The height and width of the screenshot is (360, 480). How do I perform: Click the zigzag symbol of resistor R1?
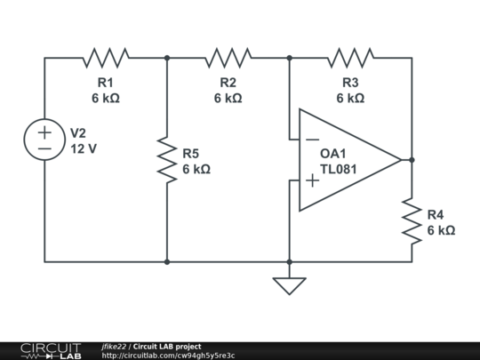coord(106,58)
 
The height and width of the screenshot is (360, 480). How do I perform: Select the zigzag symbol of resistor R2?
coord(228,58)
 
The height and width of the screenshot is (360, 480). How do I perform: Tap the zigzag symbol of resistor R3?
coord(350,58)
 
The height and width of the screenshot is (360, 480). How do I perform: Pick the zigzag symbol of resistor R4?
coord(412,221)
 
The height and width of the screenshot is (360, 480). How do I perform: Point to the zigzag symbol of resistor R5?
coord(167,160)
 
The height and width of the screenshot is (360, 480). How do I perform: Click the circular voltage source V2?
coord(44,140)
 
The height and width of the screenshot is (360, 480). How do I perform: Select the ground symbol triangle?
coord(289,286)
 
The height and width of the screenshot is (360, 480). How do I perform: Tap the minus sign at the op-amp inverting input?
coord(312,140)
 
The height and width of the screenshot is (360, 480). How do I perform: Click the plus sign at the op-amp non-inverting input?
coord(312,180)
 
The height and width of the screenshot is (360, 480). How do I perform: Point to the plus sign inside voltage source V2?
coord(44,132)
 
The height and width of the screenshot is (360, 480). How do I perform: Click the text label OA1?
coord(332,154)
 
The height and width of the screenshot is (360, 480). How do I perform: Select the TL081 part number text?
coord(339,169)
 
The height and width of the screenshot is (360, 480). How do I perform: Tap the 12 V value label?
coord(84,149)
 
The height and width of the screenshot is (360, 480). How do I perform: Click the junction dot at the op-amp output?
coord(412,160)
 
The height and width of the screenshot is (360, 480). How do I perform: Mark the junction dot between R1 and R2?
coord(167,58)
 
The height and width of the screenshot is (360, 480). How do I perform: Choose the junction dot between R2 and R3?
coord(289,58)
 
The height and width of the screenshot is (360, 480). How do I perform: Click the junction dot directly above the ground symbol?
coord(289,262)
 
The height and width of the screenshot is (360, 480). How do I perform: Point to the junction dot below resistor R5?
coord(167,262)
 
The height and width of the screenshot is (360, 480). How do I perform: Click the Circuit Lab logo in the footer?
coord(51,351)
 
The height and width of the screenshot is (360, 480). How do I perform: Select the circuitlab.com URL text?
coord(168,356)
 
